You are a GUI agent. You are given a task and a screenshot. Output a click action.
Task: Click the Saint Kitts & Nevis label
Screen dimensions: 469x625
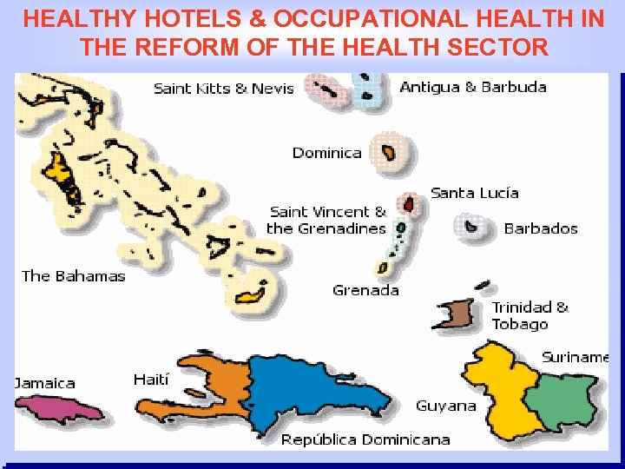click(223, 88)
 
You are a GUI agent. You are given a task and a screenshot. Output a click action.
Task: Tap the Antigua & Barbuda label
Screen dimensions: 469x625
click(473, 87)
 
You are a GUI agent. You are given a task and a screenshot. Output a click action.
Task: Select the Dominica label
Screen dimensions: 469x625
click(326, 153)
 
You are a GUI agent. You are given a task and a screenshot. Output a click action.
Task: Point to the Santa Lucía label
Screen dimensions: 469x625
click(475, 192)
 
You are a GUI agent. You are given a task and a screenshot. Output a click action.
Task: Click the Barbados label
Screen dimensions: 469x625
click(540, 228)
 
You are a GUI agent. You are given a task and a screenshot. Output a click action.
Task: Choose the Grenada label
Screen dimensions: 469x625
click(365, 290)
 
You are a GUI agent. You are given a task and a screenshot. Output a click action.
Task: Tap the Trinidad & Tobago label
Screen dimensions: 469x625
click(530, 315)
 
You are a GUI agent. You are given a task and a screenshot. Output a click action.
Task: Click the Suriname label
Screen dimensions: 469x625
click(576, 357)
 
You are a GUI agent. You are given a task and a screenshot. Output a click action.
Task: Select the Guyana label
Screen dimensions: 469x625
click(446, 406)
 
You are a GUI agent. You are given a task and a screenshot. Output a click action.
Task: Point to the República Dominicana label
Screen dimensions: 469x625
click(365, 439)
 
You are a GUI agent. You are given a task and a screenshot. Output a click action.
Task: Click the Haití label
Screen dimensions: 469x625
click(151, 380)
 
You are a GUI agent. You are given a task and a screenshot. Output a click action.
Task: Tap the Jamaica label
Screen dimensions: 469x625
click(45, 383)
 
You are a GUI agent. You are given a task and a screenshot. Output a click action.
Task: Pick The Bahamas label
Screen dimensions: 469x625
click(74, 276)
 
